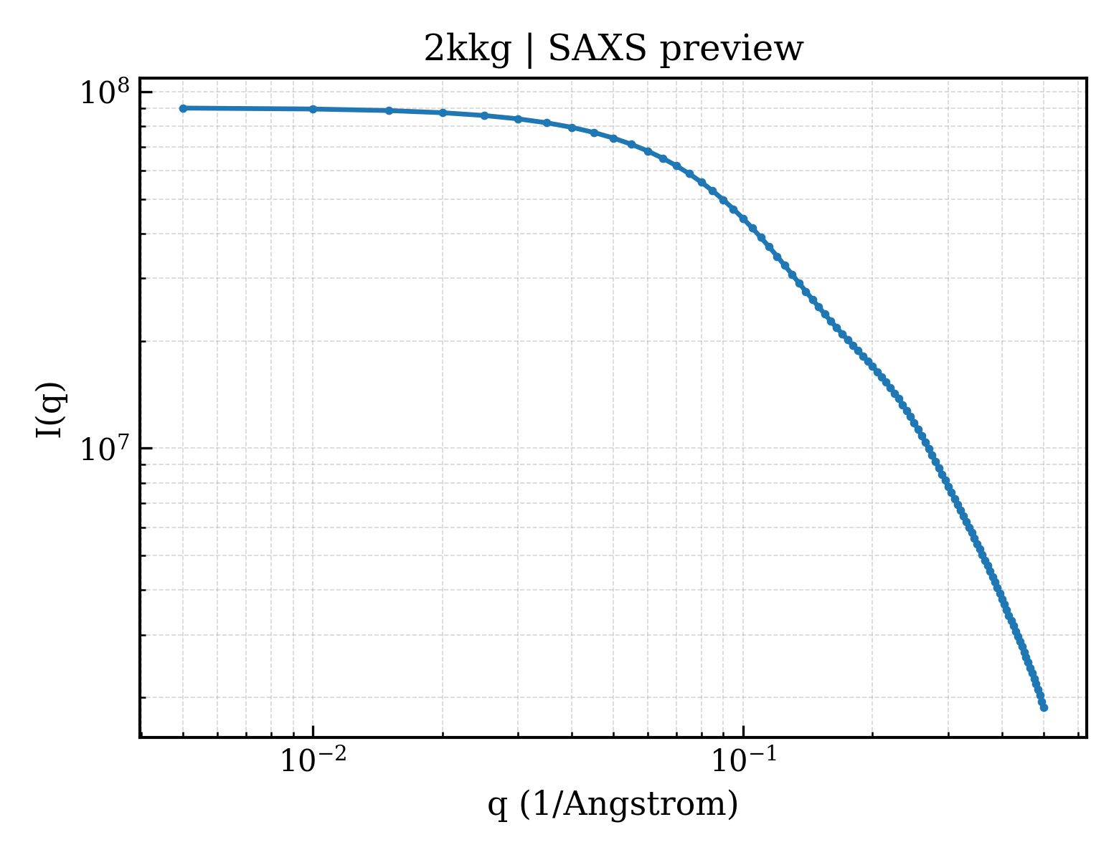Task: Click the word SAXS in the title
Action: coord(597,49)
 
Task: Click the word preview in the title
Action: coord(731,52)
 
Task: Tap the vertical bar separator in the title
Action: coord(529,50)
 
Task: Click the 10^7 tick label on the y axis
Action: coord(105,449)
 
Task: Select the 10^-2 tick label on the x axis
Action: coord(313,760)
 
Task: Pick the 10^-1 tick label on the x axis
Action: coord(744,760)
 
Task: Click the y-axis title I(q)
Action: coord(50,410)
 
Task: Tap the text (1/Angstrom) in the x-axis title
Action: coord(629,805)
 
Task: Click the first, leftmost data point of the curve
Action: coord(183,108)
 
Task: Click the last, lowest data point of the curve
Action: coord(1044,708)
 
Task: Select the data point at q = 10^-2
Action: coord(313,109)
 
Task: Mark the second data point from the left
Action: coord(313,109)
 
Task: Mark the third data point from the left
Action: coord(389,110)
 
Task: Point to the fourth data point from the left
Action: coord(443,113)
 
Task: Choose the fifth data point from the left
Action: coord(485,115)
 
